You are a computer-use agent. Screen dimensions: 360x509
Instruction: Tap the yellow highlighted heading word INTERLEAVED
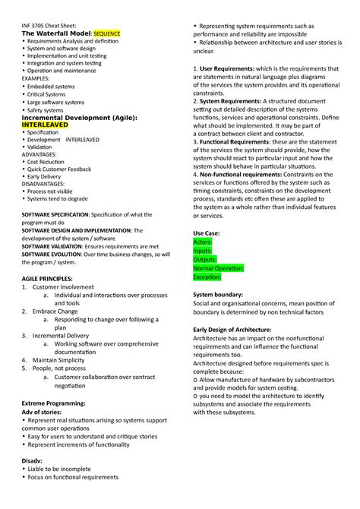pos(49,125)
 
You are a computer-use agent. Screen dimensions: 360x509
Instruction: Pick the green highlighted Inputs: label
pos(204,250)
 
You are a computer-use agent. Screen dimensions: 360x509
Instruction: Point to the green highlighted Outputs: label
pos(206,259)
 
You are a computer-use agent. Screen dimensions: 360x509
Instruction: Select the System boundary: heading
pos(218,294)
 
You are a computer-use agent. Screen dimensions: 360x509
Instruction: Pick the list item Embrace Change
pos(55,311)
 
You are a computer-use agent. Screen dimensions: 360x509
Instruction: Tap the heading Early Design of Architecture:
pos(232,329)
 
